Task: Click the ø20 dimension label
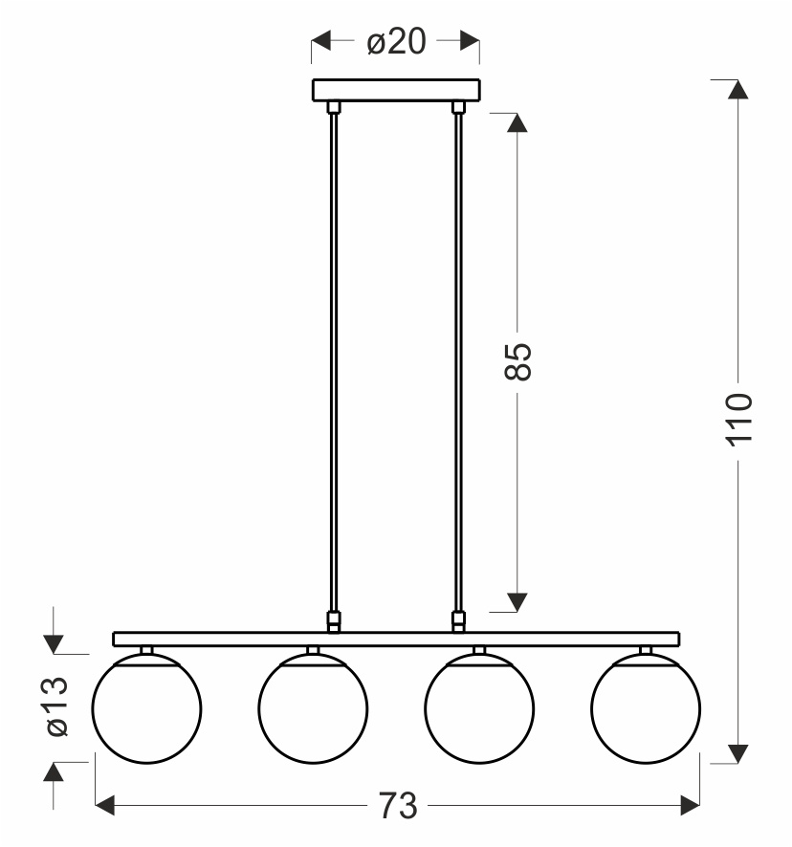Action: [x=396, y=41]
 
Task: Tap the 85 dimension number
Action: [x=517, y=360]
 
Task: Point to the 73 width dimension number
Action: [x=396, y=806]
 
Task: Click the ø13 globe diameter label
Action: [x=57, y=706]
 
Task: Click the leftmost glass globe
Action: [x=146, y=708]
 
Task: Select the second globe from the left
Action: [x=313, y=708]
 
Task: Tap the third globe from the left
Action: [x=479, y=708]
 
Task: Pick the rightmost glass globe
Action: [x=646, y=708]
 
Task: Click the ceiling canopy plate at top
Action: [x=396, y=90]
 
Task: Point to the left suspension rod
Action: [x=334, y=363]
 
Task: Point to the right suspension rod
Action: [x=458, y=363]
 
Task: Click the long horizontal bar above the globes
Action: [x=396, y=639]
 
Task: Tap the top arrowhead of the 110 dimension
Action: [x=737, y=89]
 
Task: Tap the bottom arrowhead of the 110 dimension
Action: [x=737, y=754]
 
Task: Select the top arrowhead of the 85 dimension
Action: [x=517, y=123]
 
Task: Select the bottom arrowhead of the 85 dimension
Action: [x=517, y=601]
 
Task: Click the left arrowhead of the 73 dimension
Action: [x=106, y=806]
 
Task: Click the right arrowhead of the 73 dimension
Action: [x=690, y=806]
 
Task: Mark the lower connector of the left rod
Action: [x=334, y=621]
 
